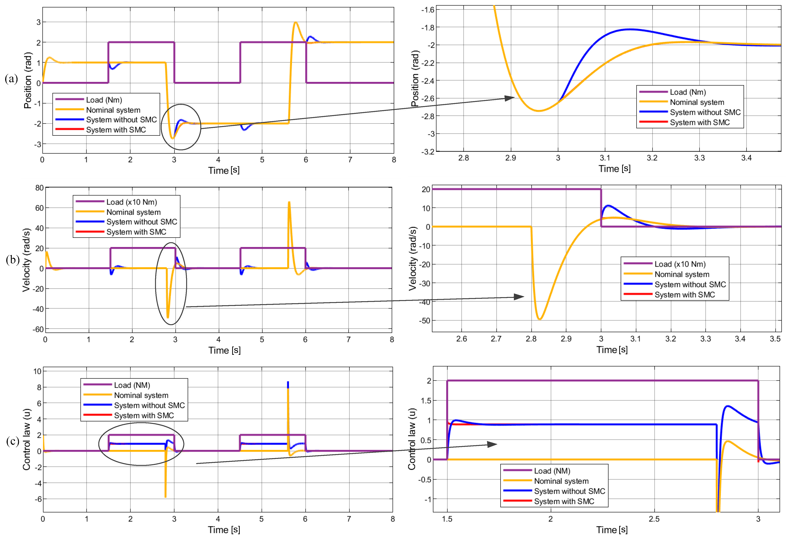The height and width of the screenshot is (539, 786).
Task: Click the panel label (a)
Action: (x=11, y=79)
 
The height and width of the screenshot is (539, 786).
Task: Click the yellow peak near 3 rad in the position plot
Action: (x=296, y=23)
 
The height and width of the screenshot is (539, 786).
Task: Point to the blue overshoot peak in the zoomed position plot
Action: (x=630, y=29)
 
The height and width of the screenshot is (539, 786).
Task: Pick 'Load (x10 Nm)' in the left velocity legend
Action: (x=132, y=202)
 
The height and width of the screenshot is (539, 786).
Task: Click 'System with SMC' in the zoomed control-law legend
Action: (x=564, y=501)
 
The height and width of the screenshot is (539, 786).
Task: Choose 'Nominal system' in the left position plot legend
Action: (x=113, y=110)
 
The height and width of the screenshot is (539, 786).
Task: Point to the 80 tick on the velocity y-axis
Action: (x=39, y=188)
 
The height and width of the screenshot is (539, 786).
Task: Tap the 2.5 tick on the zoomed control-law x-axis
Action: (x=654, y=519)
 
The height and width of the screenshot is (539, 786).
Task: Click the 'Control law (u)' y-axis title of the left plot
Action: (x=27, y=439)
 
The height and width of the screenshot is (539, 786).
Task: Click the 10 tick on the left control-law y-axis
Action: (x=37, y=371)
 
